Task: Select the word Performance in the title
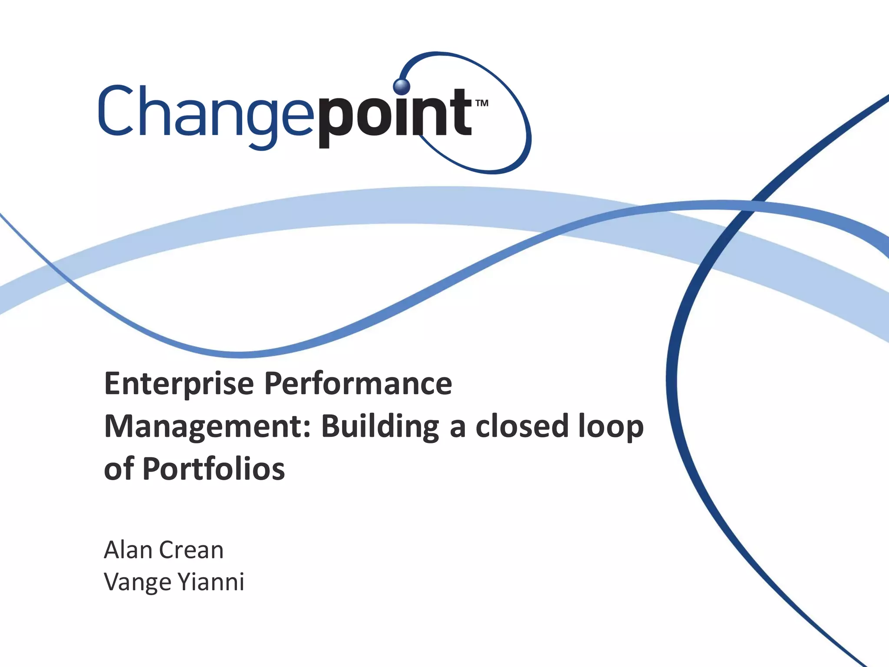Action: click(358, 384)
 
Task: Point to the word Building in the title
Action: click(380, 426)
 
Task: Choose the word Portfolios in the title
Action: click(214, 469)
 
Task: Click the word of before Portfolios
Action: click(119, 469)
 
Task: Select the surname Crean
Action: click(191, 550)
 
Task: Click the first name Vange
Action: click(138, 582)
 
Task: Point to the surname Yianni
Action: click(211, 582)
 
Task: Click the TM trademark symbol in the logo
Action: click(482, 103)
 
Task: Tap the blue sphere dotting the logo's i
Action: click(402, 86)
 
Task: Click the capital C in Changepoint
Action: click(116, 110)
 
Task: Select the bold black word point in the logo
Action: click(395, 115)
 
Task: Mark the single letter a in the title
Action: click(458, 427)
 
